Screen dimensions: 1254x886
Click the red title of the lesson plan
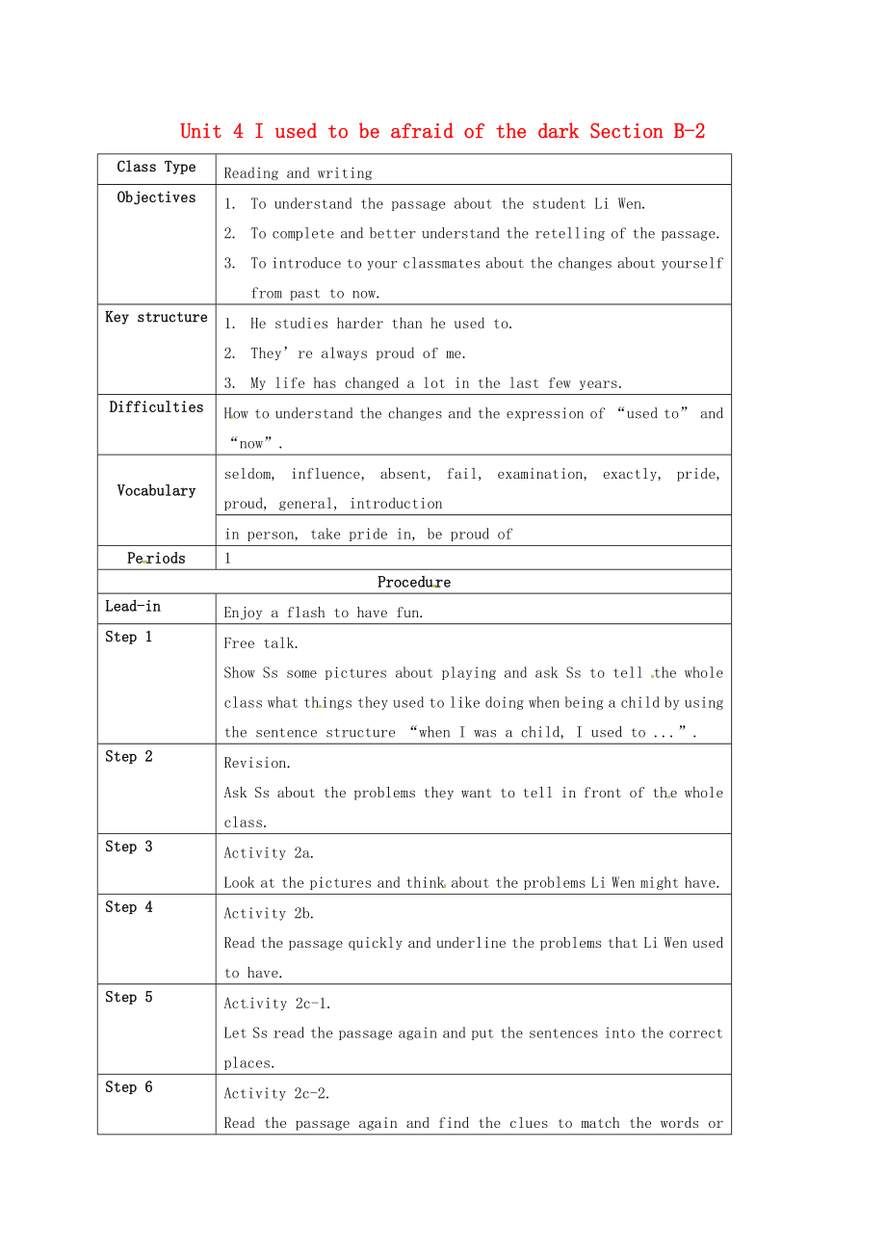[442, 131]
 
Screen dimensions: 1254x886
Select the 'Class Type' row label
[156, 167]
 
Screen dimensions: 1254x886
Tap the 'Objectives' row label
[156, 197]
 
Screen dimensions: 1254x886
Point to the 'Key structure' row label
[156, 317]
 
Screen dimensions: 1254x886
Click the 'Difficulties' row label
[156, 406]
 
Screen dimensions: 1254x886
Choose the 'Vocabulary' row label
[156, 490]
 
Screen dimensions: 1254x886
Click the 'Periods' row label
[156, 558]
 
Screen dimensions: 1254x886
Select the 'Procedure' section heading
[414, 582]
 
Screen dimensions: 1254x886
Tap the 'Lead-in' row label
[133, 606]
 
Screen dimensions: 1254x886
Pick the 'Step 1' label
[129, 637]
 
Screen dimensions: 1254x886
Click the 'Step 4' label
[129, 906]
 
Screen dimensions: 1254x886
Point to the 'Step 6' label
[129, 1086]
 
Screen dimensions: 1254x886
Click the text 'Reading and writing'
[298, 173]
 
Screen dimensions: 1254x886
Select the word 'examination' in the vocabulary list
[540, 474]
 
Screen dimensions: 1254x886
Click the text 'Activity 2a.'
[269, 852]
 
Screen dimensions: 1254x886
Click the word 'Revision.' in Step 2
[256, 763]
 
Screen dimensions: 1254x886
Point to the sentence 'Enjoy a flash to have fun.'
[324, 613]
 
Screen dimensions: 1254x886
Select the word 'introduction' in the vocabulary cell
[396, 504]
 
